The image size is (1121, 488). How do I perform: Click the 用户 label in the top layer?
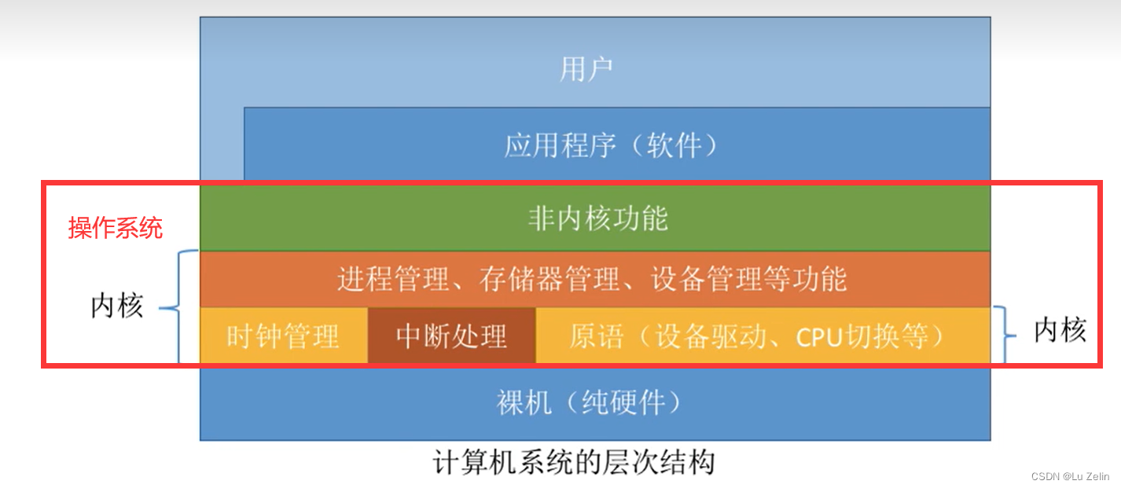[586, 69]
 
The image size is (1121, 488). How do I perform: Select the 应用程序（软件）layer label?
[611, 145]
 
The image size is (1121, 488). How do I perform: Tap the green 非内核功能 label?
[598, 218]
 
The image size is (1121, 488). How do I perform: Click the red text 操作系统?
[116, 228]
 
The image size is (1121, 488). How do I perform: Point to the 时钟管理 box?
[283, 336]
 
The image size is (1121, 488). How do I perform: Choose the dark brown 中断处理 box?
[451, 336]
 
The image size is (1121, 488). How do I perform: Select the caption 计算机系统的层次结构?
[574, 461]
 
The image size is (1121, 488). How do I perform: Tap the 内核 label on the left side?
[117, 306]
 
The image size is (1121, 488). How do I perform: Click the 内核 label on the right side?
[1060, 331]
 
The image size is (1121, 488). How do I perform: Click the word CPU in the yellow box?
[820, 336]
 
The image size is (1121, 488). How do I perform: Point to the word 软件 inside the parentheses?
[673, 145]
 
